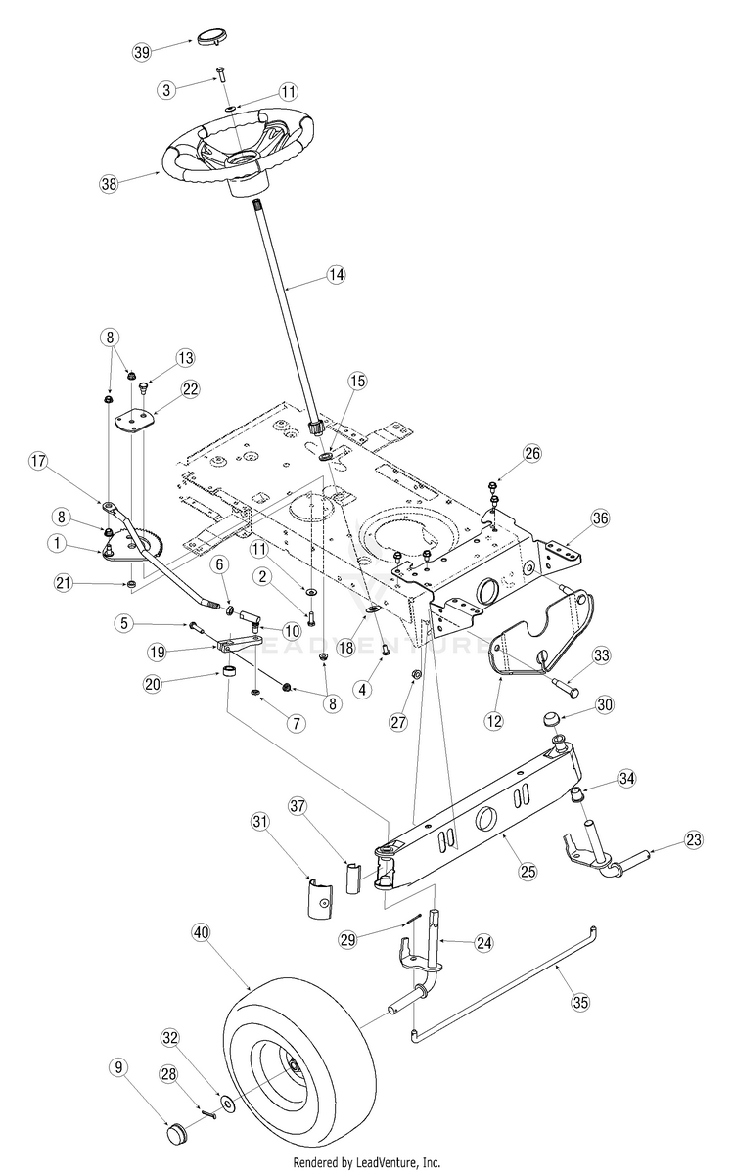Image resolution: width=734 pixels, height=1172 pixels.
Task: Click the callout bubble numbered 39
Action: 142,52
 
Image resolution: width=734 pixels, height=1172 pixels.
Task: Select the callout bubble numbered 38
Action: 110,184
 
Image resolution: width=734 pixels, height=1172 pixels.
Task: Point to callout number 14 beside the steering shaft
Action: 337,274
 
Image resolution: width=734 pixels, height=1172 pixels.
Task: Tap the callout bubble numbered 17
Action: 38,461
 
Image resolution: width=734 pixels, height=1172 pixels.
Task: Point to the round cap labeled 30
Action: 552,721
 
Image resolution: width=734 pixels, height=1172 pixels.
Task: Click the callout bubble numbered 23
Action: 694,840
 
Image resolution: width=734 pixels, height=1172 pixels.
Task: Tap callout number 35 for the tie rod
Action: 580,1002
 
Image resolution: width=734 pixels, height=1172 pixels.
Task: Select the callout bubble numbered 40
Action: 201,933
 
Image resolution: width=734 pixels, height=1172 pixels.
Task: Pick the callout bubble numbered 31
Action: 259,822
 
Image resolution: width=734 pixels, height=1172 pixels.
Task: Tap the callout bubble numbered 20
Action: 153,685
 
